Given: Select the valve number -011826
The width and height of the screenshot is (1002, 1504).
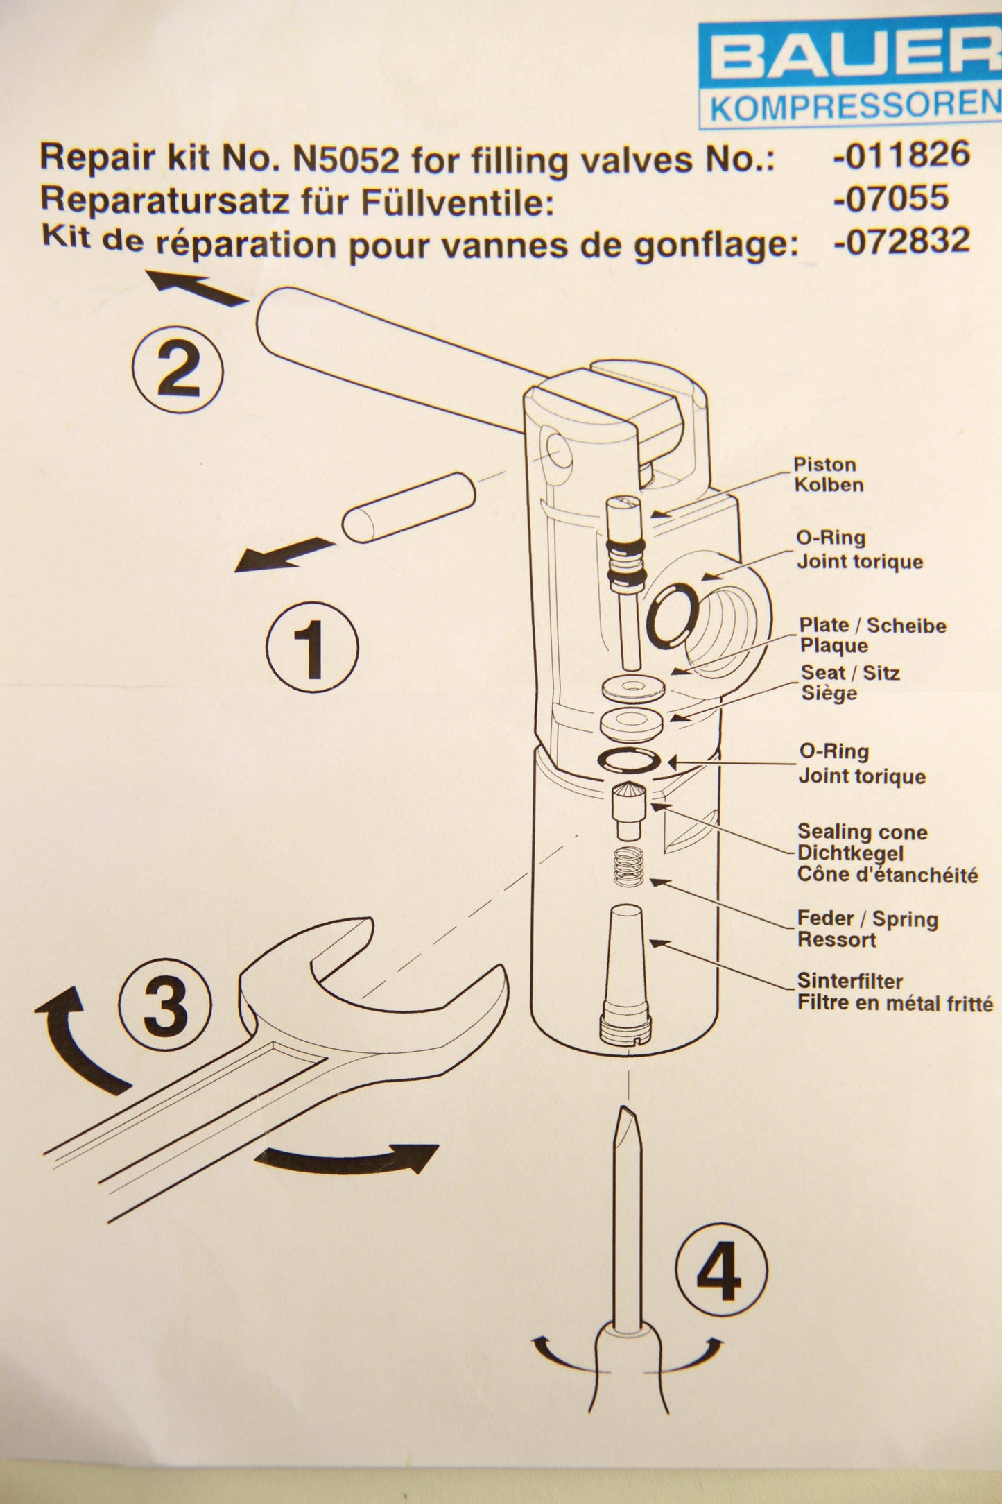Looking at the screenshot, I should click(901, 155).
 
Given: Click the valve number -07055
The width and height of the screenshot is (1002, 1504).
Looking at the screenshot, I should click(891, 198).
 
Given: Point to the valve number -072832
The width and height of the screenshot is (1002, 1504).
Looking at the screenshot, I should click(901, 241).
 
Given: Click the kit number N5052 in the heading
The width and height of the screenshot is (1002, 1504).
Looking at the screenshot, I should click(347, 160).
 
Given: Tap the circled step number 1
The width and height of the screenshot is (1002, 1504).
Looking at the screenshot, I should click(312, 647).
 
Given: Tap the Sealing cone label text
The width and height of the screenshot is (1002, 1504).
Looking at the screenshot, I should click(862, 832).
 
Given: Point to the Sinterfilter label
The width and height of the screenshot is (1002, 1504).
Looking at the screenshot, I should click(849, 981).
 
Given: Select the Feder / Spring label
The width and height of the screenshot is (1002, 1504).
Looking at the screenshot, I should click(867, 919).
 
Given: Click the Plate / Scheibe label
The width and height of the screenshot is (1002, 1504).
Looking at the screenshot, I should click(872, 626).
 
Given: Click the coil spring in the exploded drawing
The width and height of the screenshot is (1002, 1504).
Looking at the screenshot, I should click(629, 867).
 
